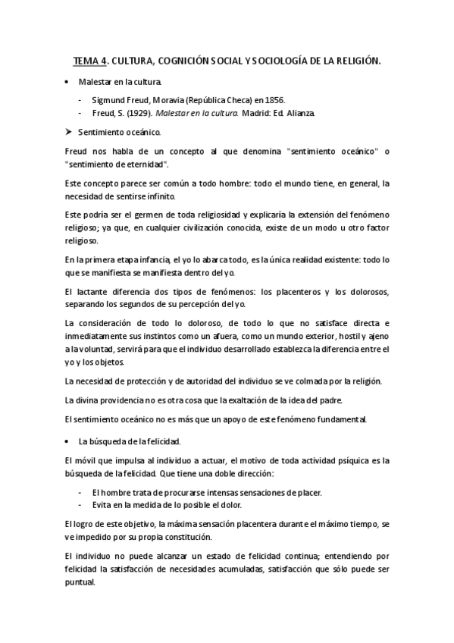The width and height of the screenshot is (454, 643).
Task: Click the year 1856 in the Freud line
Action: [x=273, y=99]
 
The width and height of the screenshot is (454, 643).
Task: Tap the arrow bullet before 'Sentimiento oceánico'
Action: [x=68, y=131]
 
